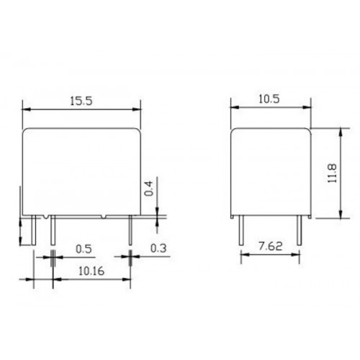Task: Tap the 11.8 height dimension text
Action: pos(330,173)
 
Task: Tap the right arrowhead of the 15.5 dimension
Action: pos(138,109)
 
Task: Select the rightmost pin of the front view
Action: pos(130,230)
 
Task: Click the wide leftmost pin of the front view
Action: pos(35,230)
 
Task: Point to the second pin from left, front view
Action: pos(53,230)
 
